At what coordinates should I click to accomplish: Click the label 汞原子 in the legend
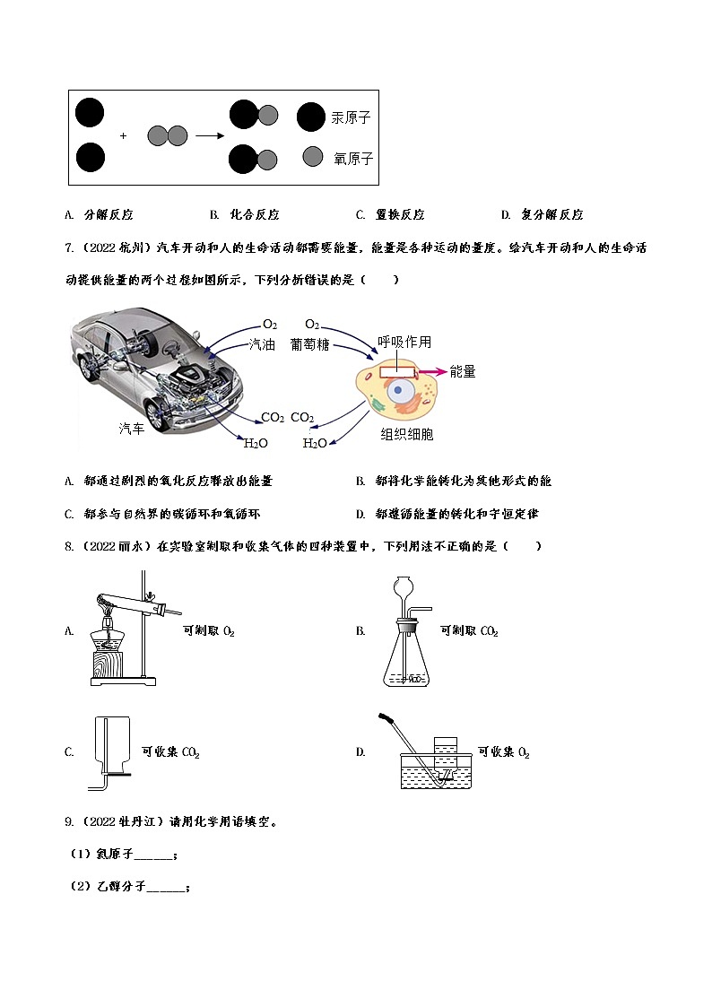click(351, 117)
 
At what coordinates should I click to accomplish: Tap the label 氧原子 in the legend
click(352, 159)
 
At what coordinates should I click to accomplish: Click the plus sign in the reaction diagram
click(124, 136)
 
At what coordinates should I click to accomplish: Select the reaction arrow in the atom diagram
click(209, 136)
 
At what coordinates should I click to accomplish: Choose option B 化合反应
click(246, 215)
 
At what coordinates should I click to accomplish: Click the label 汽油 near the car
click(262, 344)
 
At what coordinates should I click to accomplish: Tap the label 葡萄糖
click(309, 344)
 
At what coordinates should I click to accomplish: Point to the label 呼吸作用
click(404, 342)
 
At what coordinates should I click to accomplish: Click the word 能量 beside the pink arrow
click(463, 371)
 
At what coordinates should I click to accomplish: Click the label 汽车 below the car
click(132, 429)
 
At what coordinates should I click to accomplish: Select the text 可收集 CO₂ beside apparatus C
click(170, 753)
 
